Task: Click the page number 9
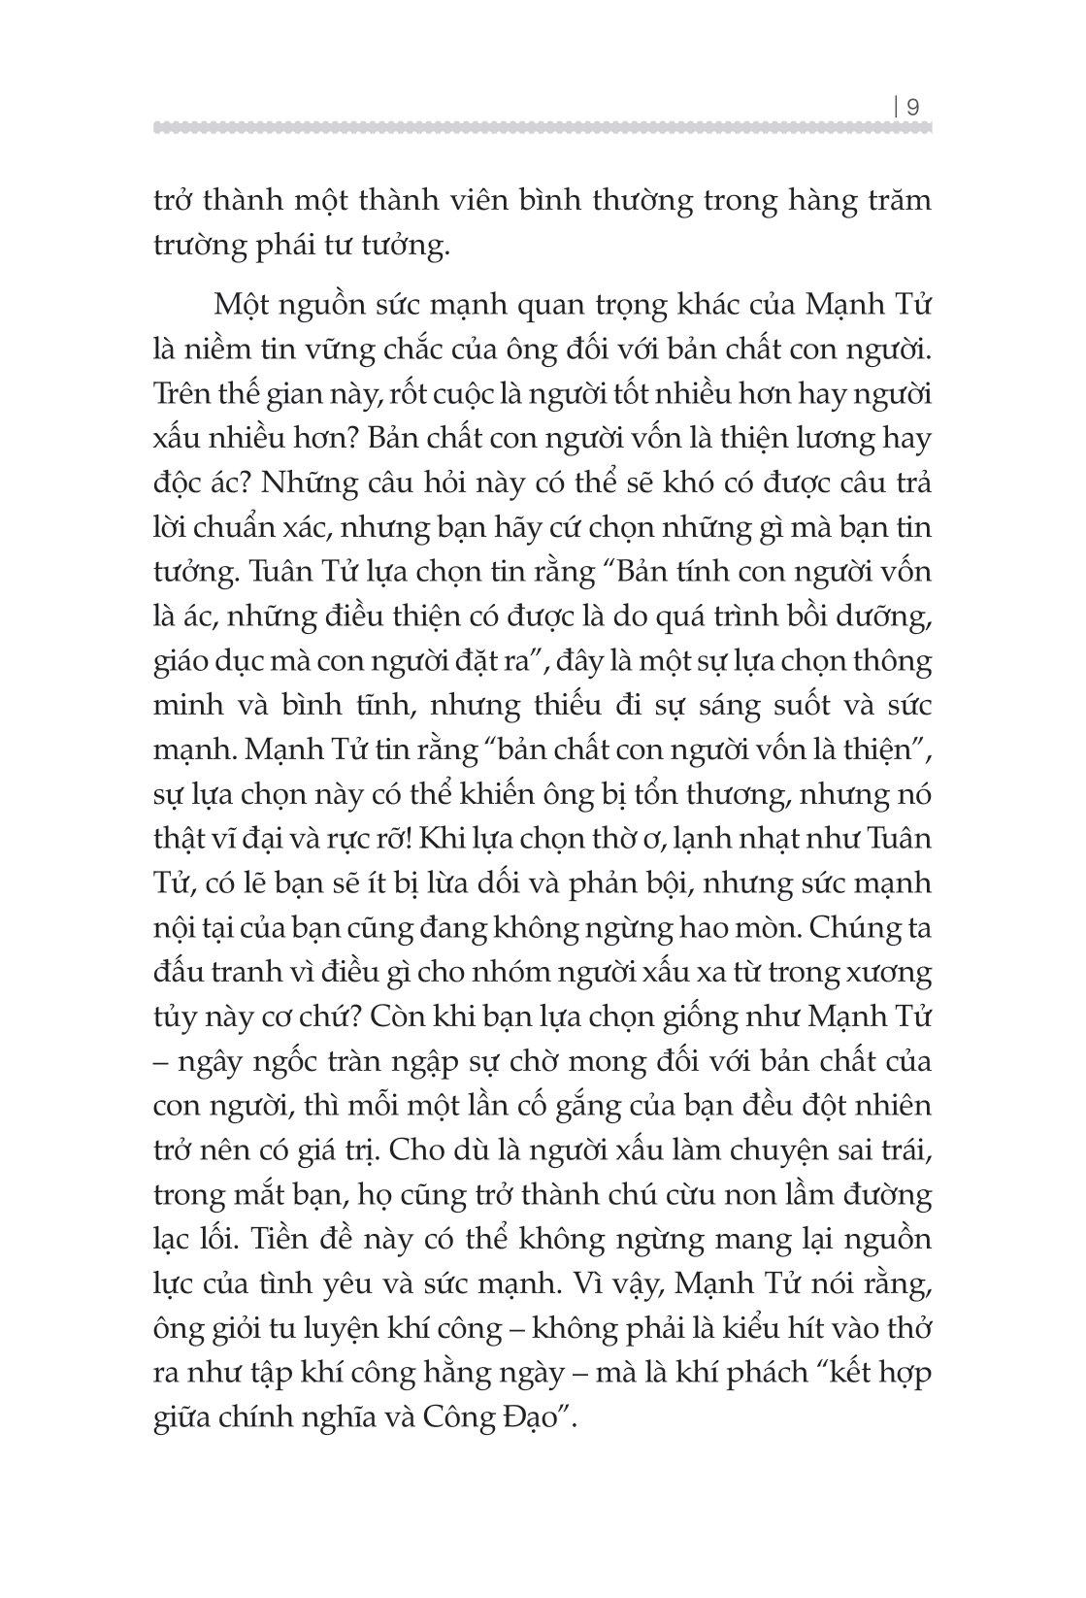tap(912, 108)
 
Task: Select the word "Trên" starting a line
tap(183, 392)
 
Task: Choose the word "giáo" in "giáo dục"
tap(181, 661)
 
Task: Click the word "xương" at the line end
tap(889, 973)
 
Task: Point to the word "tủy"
tap(176, 1017)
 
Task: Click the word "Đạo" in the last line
tap(529, 1417)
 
